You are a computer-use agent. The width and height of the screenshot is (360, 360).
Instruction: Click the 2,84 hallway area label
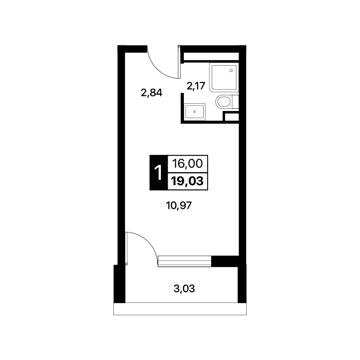[x=151, y=93]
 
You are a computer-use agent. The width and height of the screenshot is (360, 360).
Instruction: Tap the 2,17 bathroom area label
[x=196, y=86]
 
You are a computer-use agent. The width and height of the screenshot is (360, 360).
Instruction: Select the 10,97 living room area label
[x=178, y=205]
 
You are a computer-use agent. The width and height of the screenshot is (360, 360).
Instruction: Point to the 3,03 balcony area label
[x=184, y=289]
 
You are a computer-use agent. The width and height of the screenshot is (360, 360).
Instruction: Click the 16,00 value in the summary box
[x=187, y=164]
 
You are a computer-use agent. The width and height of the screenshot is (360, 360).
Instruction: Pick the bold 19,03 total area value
[x=187, y=182]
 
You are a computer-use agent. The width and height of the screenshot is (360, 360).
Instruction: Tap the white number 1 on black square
[x=158, y=173]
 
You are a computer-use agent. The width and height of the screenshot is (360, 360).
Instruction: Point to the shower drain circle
[x=231, y=71]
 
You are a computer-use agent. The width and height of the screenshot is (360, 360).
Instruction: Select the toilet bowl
[x=223, y=102]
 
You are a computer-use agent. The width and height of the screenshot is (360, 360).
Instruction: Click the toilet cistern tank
[x=236, y=102]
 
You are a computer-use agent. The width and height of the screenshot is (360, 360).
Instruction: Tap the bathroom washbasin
[x=195, y=112]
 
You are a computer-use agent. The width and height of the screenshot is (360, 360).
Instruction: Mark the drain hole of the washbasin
[x=195, y=112]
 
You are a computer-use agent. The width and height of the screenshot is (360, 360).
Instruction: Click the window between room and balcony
[x=185, y=261]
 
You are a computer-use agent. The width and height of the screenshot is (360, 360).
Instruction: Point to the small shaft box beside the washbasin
[x=231, y=116]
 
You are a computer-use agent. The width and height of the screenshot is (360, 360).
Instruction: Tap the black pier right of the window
[x=225, y=261]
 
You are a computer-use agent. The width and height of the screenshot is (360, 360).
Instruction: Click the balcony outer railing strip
[x=180, y=309]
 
